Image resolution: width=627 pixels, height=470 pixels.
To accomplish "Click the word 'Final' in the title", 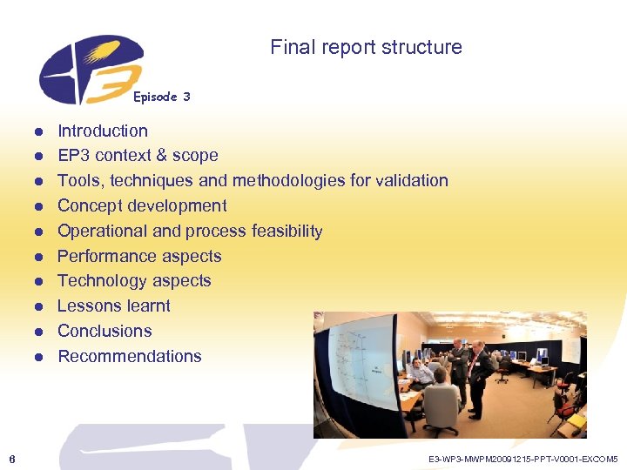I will pyautogui.click(x=289, y=47).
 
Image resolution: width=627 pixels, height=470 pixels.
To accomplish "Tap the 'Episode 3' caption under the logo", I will pyautogui.click(x=161, y=97).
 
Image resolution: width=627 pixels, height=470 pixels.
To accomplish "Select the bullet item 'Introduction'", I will pyautogui.click(x=103, y=131).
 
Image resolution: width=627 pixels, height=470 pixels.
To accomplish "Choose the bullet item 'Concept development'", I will pyautogui.click(x=142, y=206).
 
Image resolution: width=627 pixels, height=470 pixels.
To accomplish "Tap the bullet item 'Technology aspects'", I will pyautogui.click(x=134, y=281).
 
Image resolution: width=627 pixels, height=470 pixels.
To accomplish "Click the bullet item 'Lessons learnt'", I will pyautogui.click(x=114, y=306).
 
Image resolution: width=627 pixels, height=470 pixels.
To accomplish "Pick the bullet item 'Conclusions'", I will pyautogui.click(x=104, y=332).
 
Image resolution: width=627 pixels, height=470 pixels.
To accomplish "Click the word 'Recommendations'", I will pyautogui.click(x=130, y=357).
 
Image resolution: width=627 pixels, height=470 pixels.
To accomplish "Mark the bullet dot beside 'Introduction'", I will pyautogui.click(x=39, y=132).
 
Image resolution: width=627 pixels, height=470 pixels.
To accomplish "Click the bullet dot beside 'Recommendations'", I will pyautogui.click(x=39, y=358).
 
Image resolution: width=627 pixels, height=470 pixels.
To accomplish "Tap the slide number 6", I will pyautogui.click(x=11, y=458).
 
